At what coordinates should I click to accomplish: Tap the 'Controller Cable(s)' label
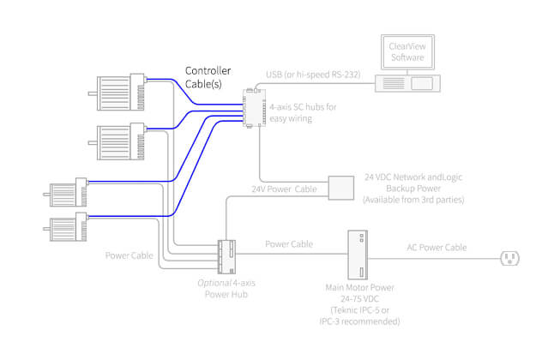(x=209, y=78)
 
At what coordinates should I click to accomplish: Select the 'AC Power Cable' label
(x=436, y=248)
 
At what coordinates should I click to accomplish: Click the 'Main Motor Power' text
(x=357, y=288)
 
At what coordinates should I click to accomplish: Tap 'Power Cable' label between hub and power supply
(x=288, y=244)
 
